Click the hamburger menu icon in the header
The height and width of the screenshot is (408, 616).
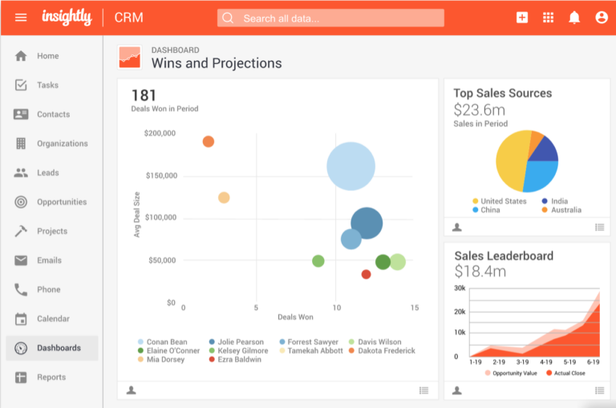pyautogui.click(x=21, y=18)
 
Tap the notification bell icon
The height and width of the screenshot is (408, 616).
pyautogui.click(x=574, y=18)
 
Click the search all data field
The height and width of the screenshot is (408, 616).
pyautogui.click(x=330, y=18)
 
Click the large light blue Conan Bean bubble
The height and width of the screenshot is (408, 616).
pyautogui.click(x=351, y=166)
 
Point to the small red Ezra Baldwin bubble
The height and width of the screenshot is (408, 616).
pyautogui.click(x=366, y=274)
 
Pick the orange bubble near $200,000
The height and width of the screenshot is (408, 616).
pyautogui.click(x=209, y=142)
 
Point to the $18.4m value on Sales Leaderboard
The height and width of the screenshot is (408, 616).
pyautogui.click(x=480, y=272)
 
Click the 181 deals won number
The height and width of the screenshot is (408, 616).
pyautogui.click(x=144, y=96)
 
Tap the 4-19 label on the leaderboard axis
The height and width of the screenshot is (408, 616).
pyautogui.click(x=546, y=362)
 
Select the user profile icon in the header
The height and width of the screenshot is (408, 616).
pyautogui.click(x=602, y=18)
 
